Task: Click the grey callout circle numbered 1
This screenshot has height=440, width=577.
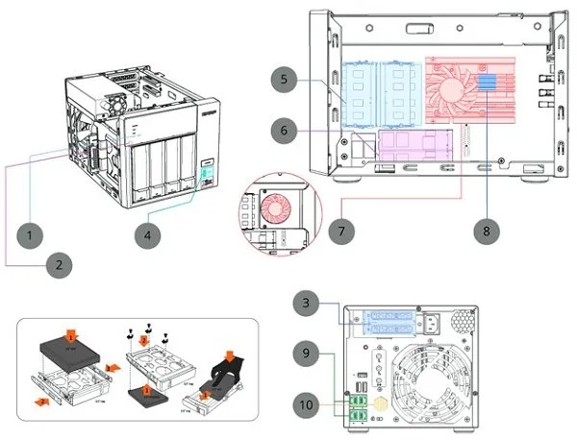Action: (x=33, y=234)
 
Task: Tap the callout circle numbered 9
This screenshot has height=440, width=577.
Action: (x=307, y=353)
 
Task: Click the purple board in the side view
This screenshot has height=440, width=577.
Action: (x=414, y=145)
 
